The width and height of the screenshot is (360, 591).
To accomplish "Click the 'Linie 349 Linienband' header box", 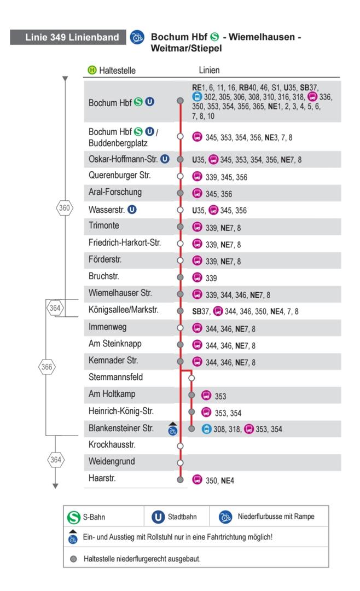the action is point(68,37).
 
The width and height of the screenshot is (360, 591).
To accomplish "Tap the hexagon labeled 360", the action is point(65,208).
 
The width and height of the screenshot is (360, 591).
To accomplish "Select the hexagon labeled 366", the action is point(47,367).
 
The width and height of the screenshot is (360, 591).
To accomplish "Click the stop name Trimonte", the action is point(103,225).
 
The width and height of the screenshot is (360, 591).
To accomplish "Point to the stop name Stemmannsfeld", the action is point(115,377).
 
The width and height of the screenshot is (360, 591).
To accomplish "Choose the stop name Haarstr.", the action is point(102,478).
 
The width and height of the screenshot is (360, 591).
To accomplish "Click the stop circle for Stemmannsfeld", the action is point(191,378).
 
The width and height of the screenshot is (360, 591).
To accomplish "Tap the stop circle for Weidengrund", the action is point(180,462).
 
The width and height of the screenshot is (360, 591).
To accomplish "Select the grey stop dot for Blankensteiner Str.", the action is point(191,428).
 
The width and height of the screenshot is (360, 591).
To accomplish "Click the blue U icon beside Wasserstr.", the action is point(132,209).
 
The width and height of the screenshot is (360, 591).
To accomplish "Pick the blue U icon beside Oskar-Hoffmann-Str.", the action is point(165,159).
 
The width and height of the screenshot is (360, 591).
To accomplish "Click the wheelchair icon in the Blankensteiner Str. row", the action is point(173,430).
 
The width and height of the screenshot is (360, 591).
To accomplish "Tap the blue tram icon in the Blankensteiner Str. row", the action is point(207,429).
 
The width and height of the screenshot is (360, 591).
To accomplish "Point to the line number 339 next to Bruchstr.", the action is point(211,278).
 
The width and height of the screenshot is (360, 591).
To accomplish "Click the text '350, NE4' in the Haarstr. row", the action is point(220,480).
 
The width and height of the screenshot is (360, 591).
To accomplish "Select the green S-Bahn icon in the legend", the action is point(73,517).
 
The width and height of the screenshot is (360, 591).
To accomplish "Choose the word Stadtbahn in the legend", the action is point(182,517).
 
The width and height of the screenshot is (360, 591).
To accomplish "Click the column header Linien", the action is point(209,70).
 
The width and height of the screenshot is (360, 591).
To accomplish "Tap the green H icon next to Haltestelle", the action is point(92,69).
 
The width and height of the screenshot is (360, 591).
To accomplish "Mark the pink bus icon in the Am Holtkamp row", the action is point(206,395).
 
